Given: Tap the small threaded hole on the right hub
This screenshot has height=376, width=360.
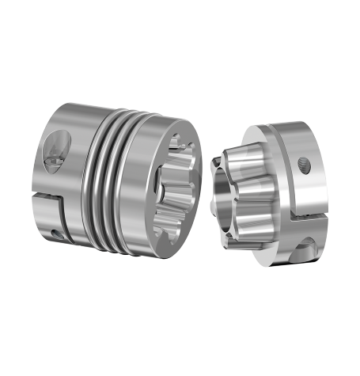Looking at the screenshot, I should tap(305, 165).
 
